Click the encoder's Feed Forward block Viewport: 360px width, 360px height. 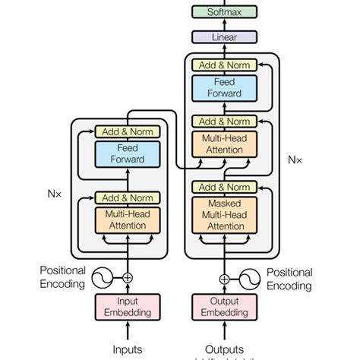point(127,154)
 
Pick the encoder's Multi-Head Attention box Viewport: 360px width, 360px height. point(127,220)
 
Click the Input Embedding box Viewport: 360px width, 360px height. point(127,307)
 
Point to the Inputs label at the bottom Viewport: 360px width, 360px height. point(127,349)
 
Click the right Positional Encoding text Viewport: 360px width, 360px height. point(289,279)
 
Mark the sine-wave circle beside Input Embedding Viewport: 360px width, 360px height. point(104,278)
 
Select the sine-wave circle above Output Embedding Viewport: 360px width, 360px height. point(248,278)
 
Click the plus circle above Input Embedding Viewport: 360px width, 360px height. point(127,278)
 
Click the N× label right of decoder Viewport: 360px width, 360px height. point(295,160)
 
